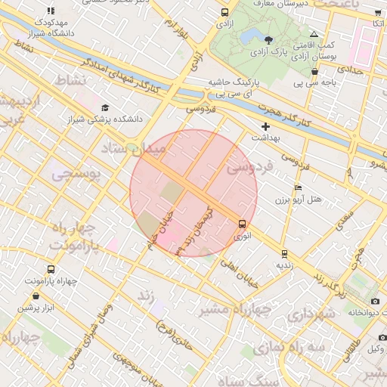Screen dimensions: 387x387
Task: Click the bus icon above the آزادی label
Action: [224, 13]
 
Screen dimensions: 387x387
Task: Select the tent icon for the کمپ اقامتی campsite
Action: [314, 35]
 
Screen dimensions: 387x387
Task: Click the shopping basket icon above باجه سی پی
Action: [314, 72]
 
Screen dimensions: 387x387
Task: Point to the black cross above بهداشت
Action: [265, 126]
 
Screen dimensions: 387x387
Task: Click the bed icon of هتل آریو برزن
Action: [298, 187]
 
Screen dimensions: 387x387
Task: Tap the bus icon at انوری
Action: [242, 224]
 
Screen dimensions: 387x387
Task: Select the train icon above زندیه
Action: [284, 254]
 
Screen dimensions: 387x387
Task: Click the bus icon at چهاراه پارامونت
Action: [51, 270]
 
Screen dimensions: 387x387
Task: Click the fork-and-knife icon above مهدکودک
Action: [51, 11]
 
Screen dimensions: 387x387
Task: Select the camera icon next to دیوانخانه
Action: [375, 302]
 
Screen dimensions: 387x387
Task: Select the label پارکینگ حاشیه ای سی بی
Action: [234, 87]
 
